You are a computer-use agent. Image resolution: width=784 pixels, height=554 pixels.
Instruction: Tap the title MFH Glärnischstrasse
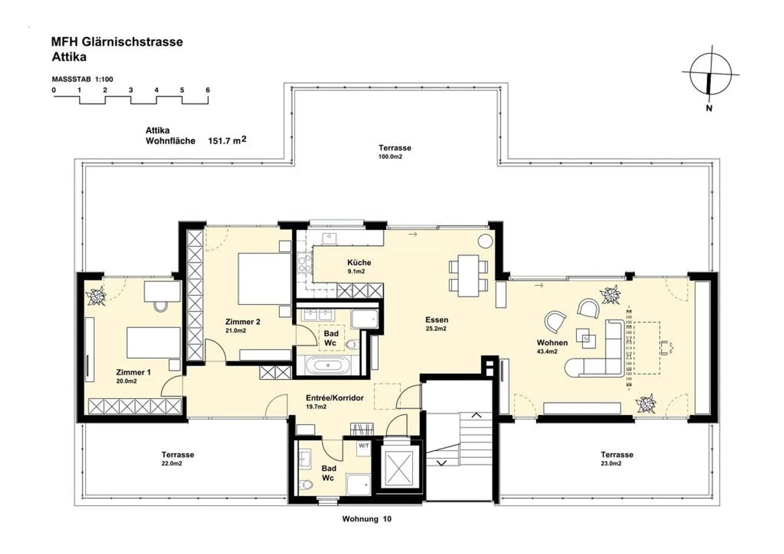[117, 42]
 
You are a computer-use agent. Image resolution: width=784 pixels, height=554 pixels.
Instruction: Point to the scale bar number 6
[207, 90]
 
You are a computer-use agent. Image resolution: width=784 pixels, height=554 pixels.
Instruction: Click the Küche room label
[359, 262]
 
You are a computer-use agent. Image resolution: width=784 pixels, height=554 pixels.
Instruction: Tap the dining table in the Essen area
[468, 275]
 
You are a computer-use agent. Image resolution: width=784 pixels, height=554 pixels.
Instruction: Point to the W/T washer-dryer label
[364, 446]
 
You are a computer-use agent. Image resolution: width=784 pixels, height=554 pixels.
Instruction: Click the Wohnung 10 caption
[366, 519]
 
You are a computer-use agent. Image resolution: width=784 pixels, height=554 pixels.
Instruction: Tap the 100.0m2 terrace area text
[390, 157]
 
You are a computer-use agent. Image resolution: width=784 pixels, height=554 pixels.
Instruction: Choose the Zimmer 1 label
[133, 372]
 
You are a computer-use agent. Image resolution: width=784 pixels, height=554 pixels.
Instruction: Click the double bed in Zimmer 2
[265, 279]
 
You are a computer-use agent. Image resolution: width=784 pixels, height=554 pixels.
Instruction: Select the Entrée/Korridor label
[334, 398]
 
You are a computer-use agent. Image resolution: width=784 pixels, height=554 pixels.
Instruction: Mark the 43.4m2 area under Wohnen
[547, 352]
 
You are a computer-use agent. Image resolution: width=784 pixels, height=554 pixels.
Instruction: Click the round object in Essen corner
[484, 241]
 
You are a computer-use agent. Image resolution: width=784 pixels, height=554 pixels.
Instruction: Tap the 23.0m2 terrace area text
[611, 464]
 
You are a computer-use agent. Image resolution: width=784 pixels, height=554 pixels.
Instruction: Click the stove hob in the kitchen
[303, 264]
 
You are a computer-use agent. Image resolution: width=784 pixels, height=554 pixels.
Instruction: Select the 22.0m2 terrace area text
[171, 464]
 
